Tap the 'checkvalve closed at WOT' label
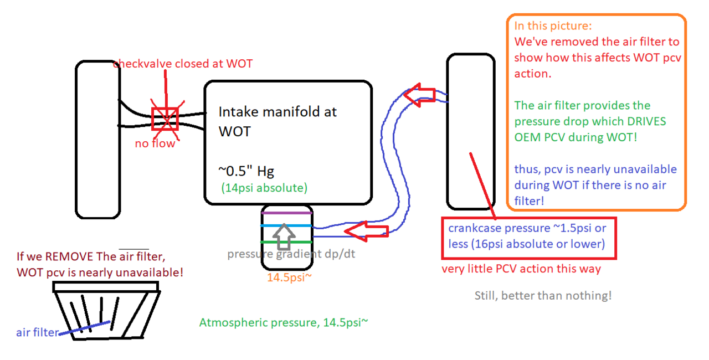[183, 64]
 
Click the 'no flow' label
[155, 144]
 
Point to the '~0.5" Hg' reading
[246, 171]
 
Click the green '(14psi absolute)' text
[264, 188]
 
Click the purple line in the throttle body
[287, 212]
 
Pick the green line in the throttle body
[287, 242]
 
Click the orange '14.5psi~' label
[289, 277]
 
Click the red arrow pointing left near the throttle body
[366, 230]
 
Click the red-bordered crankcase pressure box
[528, 236]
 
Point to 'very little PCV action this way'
[521, 269]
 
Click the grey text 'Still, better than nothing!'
[543, 295]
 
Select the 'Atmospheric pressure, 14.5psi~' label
[283, 322]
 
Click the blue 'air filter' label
[37, 332]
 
